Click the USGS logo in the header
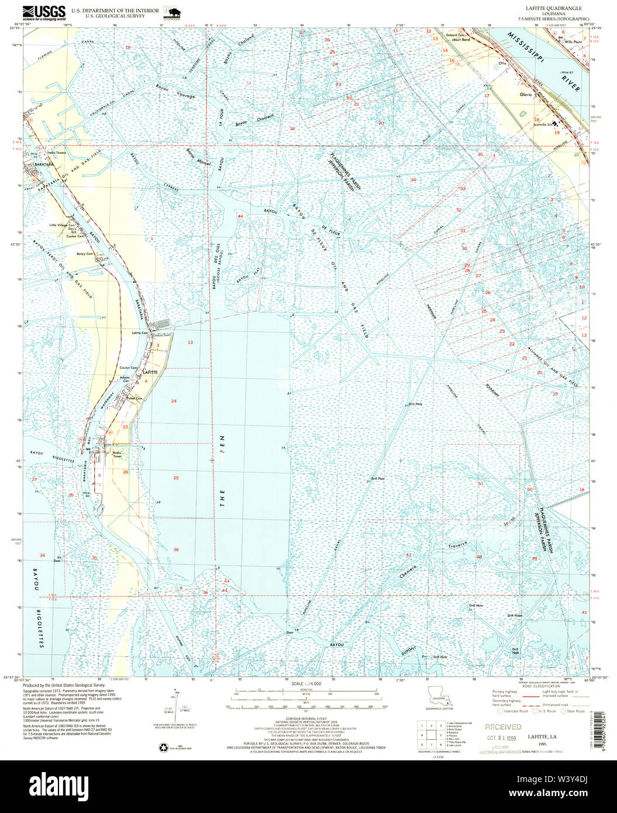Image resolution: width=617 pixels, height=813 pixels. pyautogui.click(x=44, y=12)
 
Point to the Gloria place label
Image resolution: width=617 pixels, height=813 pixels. pyautogui.click(x=525, y=94)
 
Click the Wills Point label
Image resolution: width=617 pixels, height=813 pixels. pyautogui.click(x=573, y=42)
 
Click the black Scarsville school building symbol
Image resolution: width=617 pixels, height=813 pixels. pyautogui.click(x=556, y=123)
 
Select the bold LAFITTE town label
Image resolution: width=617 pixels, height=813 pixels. pyautogui.click(x=150, y=372)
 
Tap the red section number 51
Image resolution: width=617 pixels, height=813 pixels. pyautogui.click(x=481, y=484)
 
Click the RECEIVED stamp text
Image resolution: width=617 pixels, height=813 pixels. pyautogui.click(x=502, y=727)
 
